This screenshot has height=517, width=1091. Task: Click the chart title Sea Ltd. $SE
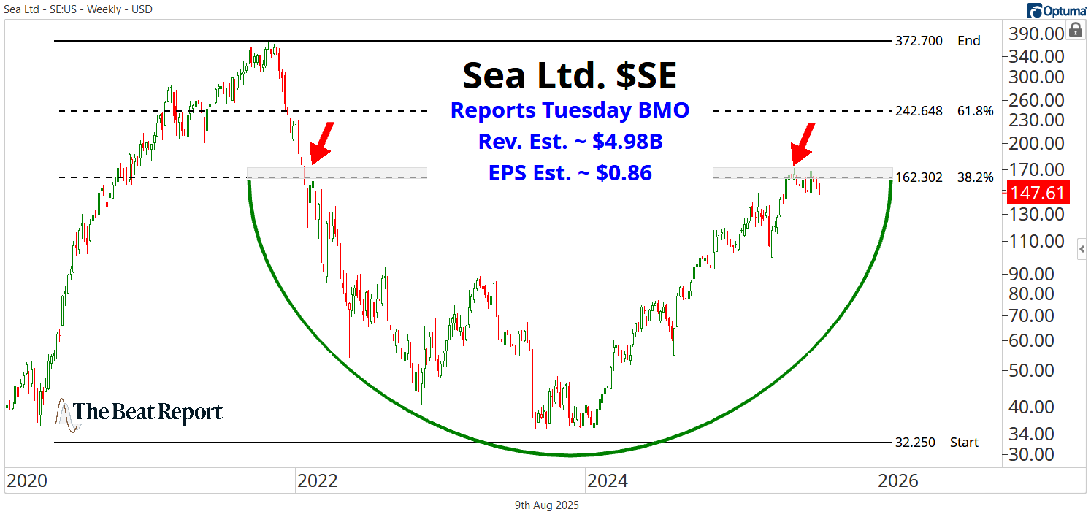[570, 75]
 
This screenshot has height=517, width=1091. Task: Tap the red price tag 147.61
[1037, 193]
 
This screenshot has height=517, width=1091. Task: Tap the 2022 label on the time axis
[317, 481]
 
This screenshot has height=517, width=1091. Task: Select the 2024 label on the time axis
[608, 481]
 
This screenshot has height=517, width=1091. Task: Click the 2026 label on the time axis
[897, 481]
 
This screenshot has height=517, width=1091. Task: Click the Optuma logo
[1056, 9]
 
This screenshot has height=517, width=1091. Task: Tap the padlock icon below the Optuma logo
[1074, 30]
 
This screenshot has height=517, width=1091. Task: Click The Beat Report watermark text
[148, 413]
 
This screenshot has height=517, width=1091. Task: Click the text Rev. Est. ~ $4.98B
[570, 142]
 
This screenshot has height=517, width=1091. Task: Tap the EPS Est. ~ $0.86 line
[570, 173]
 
